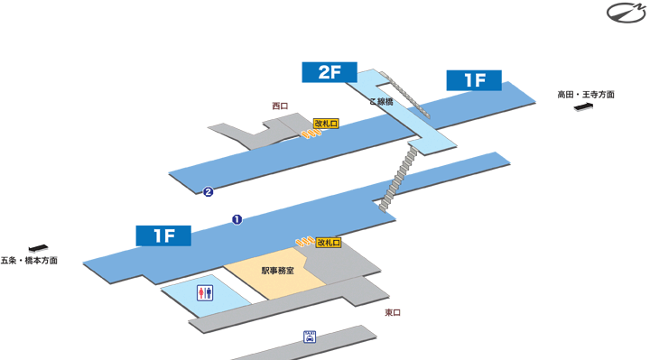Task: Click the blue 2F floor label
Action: [x=330, y=72]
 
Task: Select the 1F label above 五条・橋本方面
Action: [x=163, y=235]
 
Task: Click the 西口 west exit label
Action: [x=280, y=106]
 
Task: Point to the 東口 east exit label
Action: [x=393, y=312]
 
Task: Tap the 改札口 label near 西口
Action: [x=326, y=123]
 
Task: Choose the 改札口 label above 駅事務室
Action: [x=329, y=243]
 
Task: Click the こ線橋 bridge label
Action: [x=382, y=101]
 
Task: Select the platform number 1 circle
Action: [x=237, y=219]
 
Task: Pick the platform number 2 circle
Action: [x=209, y=191]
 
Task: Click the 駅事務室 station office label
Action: [x=277, y=270]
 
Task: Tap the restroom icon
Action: [x=205, y=292]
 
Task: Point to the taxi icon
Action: [x=310, y=336]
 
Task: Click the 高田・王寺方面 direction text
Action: [x=586, y=94]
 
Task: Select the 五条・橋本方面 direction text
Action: [x=29, y=261]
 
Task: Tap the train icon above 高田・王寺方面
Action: [x=584, y=108]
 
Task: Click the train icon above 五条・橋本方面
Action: [x=37, y=247]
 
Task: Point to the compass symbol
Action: [x=625, y=12]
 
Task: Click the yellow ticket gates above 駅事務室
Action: [x=303, y=244]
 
